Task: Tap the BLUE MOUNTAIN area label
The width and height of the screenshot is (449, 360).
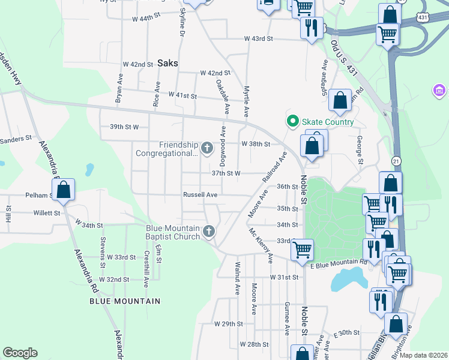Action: [x=125, y=301]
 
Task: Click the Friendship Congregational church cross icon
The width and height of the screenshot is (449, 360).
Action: [x=206, y=148]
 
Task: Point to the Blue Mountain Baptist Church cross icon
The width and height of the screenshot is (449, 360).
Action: [x=208, y=231]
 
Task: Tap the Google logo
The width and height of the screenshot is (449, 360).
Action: [x=20, y=353]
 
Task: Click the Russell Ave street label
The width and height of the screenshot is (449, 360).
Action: [x=200, y=195]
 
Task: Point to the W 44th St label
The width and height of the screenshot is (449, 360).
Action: [x=148, y=19]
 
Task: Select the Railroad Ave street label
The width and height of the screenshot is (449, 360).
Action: [x=274, y=167]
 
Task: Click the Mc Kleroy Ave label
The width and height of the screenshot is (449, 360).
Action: [x=261, y=245]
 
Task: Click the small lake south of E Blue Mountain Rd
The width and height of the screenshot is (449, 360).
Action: [x=347, y=280]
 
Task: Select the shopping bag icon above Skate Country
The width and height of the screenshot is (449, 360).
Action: [x=340, y=100]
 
